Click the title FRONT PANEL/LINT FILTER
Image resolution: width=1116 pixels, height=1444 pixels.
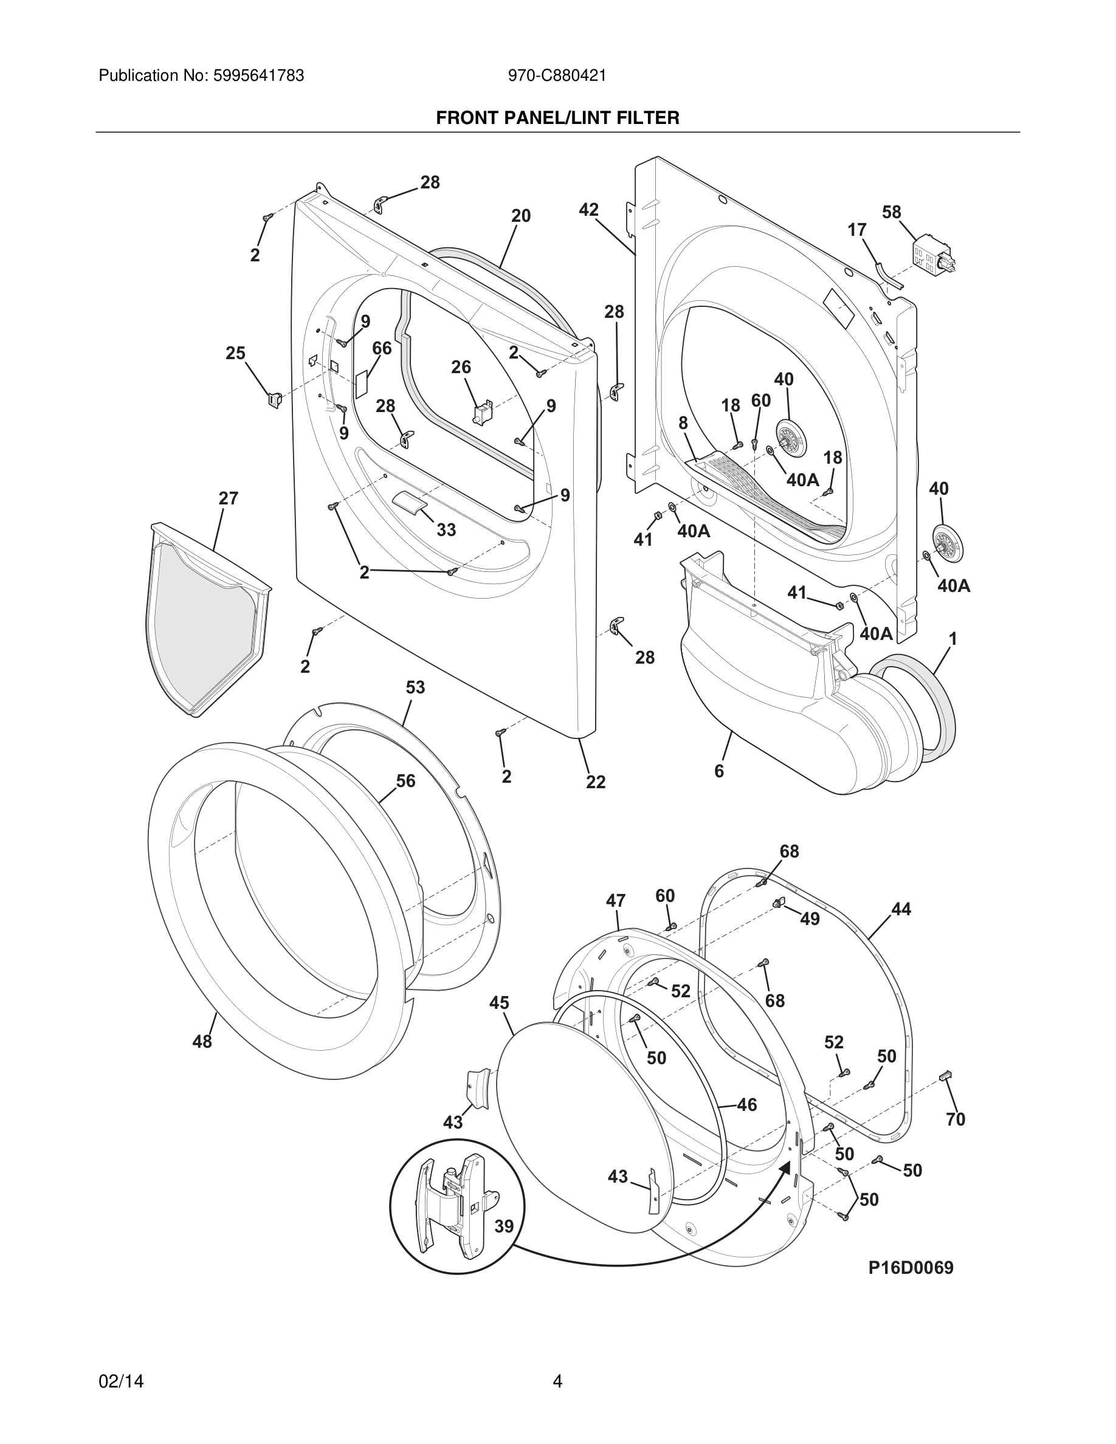click(557, 119)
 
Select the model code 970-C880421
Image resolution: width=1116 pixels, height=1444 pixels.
click(557, 76)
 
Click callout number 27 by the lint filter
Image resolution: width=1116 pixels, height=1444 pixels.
click(228, 498)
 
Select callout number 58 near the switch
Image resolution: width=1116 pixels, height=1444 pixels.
click(891, 212)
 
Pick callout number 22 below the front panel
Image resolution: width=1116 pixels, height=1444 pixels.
click(596, 782)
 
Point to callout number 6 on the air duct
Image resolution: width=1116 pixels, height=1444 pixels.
click(719, 771)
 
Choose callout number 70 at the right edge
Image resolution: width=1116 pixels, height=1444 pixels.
click(956, 1119)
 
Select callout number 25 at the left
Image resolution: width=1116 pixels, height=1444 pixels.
click(235, 354)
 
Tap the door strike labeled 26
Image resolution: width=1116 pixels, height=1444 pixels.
click(483, 412)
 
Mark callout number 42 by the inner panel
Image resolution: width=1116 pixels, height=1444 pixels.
click(588, 210)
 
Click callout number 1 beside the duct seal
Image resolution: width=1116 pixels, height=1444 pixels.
click(952, 639)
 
